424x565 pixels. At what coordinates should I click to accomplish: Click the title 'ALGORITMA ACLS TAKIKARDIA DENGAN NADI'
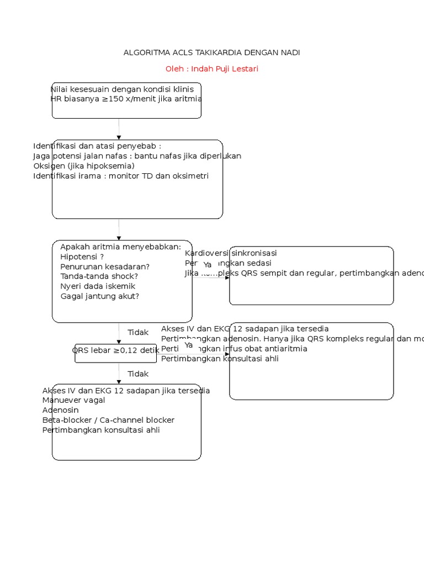(212, 52)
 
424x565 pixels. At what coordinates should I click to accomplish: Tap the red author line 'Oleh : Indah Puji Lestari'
(212, 69)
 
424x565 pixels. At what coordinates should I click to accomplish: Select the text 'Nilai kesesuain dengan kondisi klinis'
(118, 89)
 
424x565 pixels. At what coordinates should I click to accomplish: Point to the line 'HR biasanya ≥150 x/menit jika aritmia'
(126, 99)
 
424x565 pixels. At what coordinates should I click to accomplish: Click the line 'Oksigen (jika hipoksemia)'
(84, 166)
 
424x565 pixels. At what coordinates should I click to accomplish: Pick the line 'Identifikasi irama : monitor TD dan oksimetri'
(121, 175)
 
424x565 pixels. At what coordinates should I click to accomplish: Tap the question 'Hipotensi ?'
(82, 257)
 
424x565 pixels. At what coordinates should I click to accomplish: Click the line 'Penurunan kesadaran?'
(105, 266)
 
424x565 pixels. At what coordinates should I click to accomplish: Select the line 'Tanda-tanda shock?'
(99, 276)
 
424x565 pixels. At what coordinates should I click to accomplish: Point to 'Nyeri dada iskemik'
(98, 286)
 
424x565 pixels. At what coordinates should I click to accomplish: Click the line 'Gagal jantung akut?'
(99, 296)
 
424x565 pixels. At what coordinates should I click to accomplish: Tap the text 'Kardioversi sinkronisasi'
(231, 253)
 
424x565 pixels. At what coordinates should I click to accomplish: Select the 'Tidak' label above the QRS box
(138, 332)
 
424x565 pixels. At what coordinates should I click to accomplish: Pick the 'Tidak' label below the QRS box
(138, 374)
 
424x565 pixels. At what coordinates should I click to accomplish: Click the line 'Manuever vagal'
(73, 400)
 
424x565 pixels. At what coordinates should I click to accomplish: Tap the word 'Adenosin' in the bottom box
(60, 410)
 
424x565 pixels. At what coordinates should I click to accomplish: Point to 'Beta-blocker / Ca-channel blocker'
(108, 420)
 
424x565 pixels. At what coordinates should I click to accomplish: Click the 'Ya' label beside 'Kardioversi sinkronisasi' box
(208, 265)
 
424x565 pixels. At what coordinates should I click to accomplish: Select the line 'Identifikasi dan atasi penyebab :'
(97, 146)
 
